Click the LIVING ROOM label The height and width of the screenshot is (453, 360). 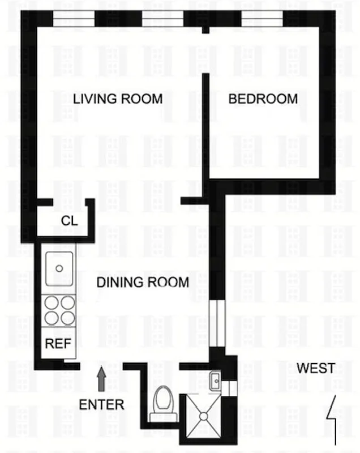[x=118, y=99]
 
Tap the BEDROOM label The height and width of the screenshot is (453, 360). [x=263, y=99]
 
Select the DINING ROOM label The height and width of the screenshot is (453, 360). [x=142, y=281]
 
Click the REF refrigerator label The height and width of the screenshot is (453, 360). [x=57, y=343]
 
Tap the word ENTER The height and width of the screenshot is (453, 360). [x=101, y=404]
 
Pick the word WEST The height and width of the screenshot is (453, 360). [x=316, y=368]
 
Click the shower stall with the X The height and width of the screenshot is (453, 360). [x=202, y=418]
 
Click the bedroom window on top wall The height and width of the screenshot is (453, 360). [x=262, y=19]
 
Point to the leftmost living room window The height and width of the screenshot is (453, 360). [x=74, y=19]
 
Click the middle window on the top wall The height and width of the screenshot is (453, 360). [x=162, y=19]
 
